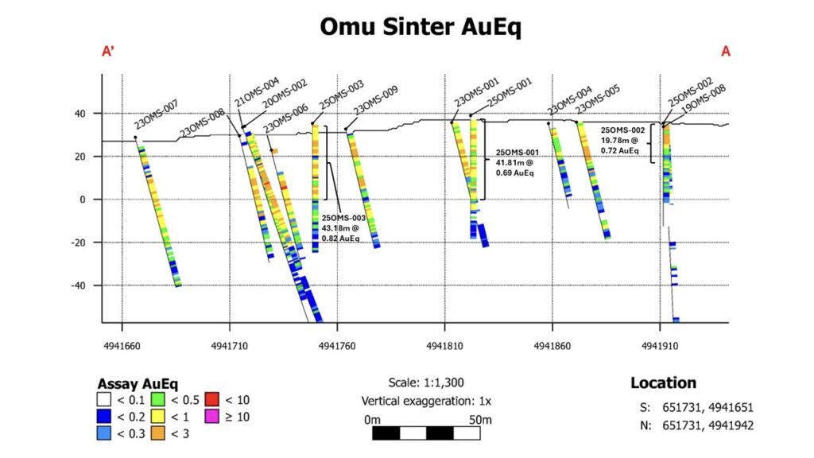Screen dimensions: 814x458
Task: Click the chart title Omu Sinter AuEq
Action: coord(420,27)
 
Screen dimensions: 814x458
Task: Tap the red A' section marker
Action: coord(108,51)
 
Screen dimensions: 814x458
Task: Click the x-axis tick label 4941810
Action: coord(444,346)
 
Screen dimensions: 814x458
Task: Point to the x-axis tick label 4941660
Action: coord(122,346)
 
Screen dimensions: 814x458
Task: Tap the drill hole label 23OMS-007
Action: coord(157,114)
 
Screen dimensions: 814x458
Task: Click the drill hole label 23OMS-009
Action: coord(376,99)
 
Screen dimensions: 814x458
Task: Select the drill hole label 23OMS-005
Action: coord(598,99)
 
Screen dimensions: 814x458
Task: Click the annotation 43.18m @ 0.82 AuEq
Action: coord(340,233)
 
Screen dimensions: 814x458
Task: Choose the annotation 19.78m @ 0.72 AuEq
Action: coord(620,146)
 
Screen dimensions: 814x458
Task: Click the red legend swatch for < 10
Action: coord(211,399)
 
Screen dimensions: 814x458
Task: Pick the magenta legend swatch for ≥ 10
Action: coord(211,417)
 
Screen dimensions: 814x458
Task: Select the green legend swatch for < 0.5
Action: coord(158,399)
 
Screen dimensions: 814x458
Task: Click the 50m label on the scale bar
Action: coord(480,420)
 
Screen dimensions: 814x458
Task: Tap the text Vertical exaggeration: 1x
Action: coord(426,401)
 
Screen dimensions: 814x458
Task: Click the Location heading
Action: coord(663,382)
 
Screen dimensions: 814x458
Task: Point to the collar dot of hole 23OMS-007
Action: coord(135,138)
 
